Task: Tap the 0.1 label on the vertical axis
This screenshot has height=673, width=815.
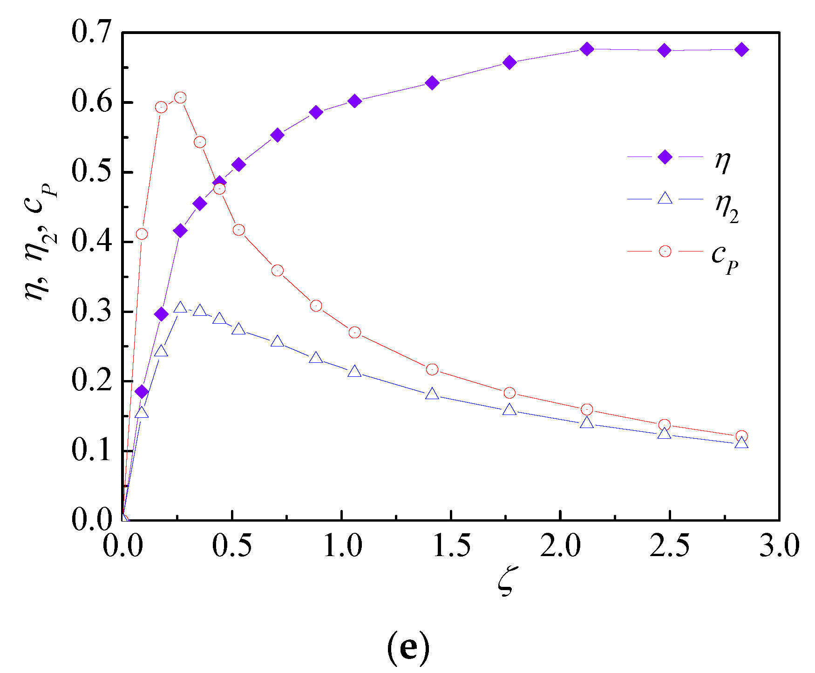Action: [x=91, y=450]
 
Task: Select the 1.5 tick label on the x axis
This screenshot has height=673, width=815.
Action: [x=451, y=545]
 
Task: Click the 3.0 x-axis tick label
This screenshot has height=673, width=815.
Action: [x=779, y=545]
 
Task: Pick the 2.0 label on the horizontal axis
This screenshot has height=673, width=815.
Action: [x=561, y=545]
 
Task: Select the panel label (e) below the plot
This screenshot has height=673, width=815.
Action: [x=408, y=646]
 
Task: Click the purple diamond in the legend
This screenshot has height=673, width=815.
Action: [x=665, y=157]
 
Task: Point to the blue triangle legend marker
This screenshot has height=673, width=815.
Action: [x=665, y=199]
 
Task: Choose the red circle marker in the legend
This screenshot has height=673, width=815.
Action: [x=665, y=252]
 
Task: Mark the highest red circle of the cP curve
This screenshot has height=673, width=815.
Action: [x=180, y=97]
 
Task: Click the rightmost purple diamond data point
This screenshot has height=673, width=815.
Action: [x=742, y=50]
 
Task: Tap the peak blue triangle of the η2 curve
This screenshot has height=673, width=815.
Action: [x=180, y=307]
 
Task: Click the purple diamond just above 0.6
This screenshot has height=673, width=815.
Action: [x=354, y=101]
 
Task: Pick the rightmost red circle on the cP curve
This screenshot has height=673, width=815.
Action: [x=742, y=436]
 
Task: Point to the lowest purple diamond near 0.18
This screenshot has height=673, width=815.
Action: [x=142, y=392]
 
